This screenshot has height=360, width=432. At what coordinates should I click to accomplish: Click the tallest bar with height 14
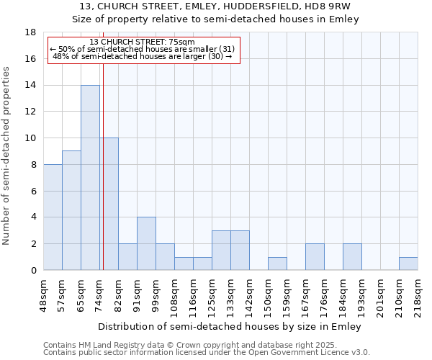click(90, 177)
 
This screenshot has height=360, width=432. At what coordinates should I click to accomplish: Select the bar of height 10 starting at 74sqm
click(109, 204)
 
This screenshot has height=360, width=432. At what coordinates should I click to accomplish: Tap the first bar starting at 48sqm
click(53, 217)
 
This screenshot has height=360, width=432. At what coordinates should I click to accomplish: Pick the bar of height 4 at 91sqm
click(146, 243)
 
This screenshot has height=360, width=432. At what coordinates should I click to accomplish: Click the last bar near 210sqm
click(408, 264)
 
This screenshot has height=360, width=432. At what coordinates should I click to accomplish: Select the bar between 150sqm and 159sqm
click(277, 264)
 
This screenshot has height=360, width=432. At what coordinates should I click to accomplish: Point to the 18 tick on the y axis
click(31, 32)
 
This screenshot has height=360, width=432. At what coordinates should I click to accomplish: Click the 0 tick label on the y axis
click(33, 271)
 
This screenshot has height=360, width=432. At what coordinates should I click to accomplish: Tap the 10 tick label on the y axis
click(31, 138)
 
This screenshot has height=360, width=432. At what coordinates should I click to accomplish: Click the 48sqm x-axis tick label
click(43, 293)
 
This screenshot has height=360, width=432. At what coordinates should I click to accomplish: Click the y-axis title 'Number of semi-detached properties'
click(7, 156)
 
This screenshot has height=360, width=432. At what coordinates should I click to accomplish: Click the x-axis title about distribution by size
click(230, 326)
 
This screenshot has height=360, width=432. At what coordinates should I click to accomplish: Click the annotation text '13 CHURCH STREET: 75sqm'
click(142, 42)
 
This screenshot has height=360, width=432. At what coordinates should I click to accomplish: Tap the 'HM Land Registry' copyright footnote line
click(206, 345)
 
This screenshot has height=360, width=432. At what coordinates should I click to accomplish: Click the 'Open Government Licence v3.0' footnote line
click(206, 353)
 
